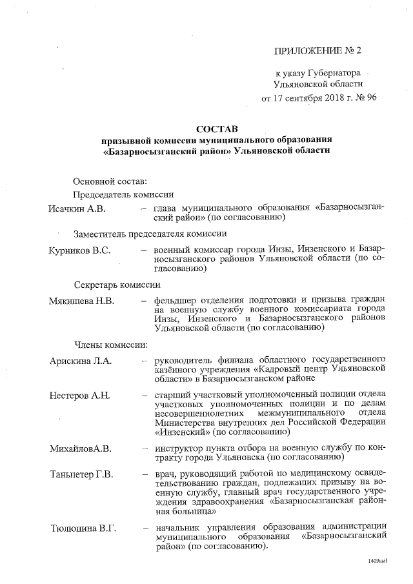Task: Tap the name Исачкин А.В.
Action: (x=77, y=208)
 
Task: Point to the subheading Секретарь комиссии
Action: (x=117, y=285)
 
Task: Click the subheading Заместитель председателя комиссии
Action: (x=150, y=234)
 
